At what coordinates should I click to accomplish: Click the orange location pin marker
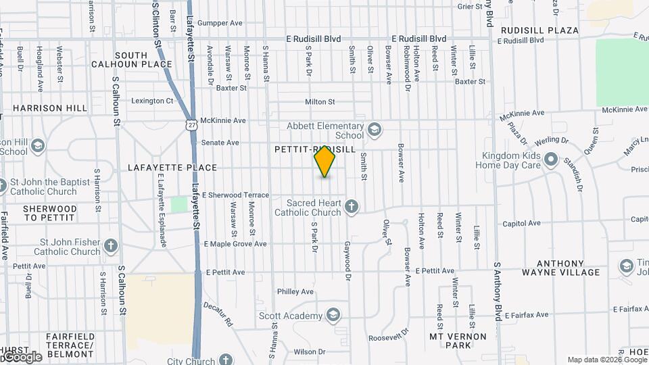[x=325, y=162]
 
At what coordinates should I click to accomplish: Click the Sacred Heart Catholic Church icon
[x=351, y=206]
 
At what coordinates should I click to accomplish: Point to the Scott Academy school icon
[x=333, y=315]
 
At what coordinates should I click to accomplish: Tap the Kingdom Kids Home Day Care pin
[x=551, y=160]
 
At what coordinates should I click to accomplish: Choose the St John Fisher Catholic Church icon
[x=112, y=245]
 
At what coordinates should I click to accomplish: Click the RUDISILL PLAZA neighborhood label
[x=539, y=30]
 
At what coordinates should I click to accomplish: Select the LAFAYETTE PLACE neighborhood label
[x=172, y=167]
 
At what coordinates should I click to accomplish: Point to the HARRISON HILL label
[x=50, y=108]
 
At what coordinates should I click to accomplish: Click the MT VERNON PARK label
[x=458, y=340]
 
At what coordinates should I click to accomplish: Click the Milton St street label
[x=320, y=101]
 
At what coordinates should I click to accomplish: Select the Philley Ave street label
[x=295, y=291]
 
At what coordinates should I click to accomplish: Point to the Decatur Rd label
[x=218, y=314]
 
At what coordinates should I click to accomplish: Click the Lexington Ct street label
[x=152, y=101]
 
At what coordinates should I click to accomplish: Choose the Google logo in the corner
[x=21, y=356]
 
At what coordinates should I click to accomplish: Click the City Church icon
[x=225, y=359]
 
